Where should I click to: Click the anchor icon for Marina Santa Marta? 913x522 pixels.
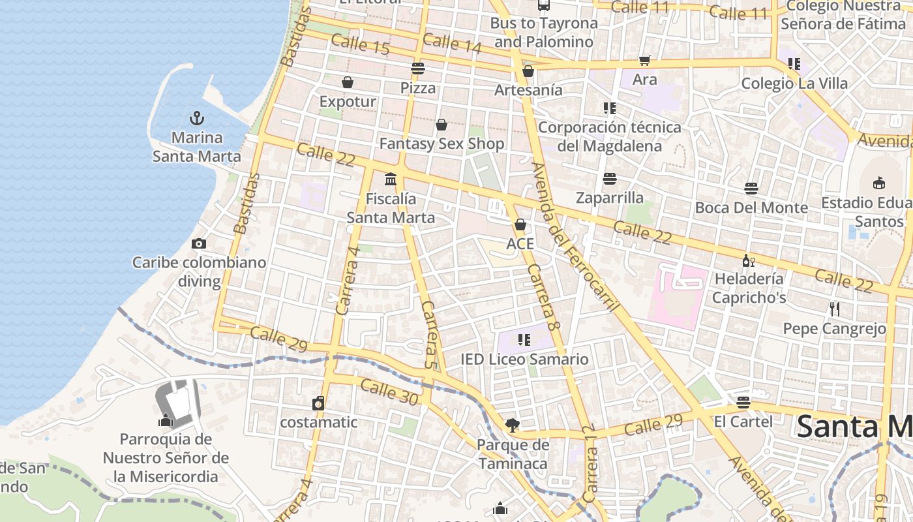click(x=196, y=118)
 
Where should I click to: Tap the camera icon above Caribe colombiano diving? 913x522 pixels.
click(x=199, y=243)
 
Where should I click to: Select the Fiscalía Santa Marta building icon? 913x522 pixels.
click(x=391, y=179)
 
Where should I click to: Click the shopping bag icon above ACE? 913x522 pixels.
click(x=520, y=225)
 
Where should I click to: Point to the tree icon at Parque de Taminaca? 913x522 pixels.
click(x=513, y=425)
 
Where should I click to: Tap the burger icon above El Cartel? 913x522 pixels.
click(x=743, y=402)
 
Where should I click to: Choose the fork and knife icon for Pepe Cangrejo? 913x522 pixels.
click(x=834, y=309)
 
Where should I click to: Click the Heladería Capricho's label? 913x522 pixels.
click(x=749, y=288)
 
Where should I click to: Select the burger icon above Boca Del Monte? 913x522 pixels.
click(x=751, y=189)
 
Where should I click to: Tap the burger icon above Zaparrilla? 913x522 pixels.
click(x=610, y=178)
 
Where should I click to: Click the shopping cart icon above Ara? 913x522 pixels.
click(x=645, y=60)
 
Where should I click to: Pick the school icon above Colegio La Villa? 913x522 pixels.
click(x=794, y=64)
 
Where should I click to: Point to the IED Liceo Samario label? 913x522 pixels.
click(x=524, y=360)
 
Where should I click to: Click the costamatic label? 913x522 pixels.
click(x=319, y=422)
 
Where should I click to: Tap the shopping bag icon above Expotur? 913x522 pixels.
click(x=348, y=82)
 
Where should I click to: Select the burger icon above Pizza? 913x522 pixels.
click(x=418, y=68)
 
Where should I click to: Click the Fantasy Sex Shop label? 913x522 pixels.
click(x=442, y=144)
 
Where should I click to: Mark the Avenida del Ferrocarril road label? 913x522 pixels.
click(x=574, y=238)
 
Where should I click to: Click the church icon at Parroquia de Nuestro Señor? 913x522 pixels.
click(x=166, y=420)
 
